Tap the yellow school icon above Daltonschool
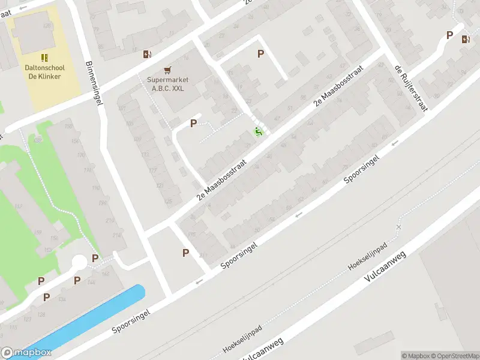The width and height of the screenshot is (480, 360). (44, 58)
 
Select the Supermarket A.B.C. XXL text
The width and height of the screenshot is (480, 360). (168, 84)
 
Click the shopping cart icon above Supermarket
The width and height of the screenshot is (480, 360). (167, 70)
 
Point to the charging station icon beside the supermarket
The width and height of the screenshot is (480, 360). (147, 55)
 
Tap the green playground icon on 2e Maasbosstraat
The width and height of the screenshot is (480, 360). (259, 131)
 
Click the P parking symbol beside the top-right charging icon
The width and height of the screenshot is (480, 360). (449, 35)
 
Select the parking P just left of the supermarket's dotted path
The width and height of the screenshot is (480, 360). (193, 123)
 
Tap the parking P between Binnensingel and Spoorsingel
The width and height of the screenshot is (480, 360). (186, 253)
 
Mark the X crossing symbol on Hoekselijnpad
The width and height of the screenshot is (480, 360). (398, 227)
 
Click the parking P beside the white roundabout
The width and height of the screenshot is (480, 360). (95, 258)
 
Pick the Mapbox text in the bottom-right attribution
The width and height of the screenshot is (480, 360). (415, 356)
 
